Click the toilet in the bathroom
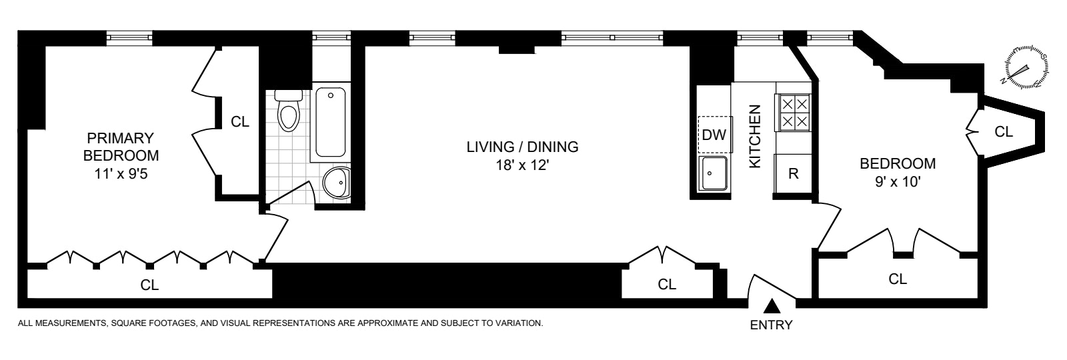[x=289, y=112]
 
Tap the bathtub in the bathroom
[x=331, y=121]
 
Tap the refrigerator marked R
[x=794, y=174]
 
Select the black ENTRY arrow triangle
[x=772, y=306]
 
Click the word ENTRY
[x=772, y=326]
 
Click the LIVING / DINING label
[x=521, y=147]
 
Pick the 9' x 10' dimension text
[x=897, y=181]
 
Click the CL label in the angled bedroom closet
[x=1004, y=132]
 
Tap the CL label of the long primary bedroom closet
[x=149, y=285]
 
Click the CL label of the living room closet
[x=667, y=284]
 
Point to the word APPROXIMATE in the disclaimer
[x=387, y=324]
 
